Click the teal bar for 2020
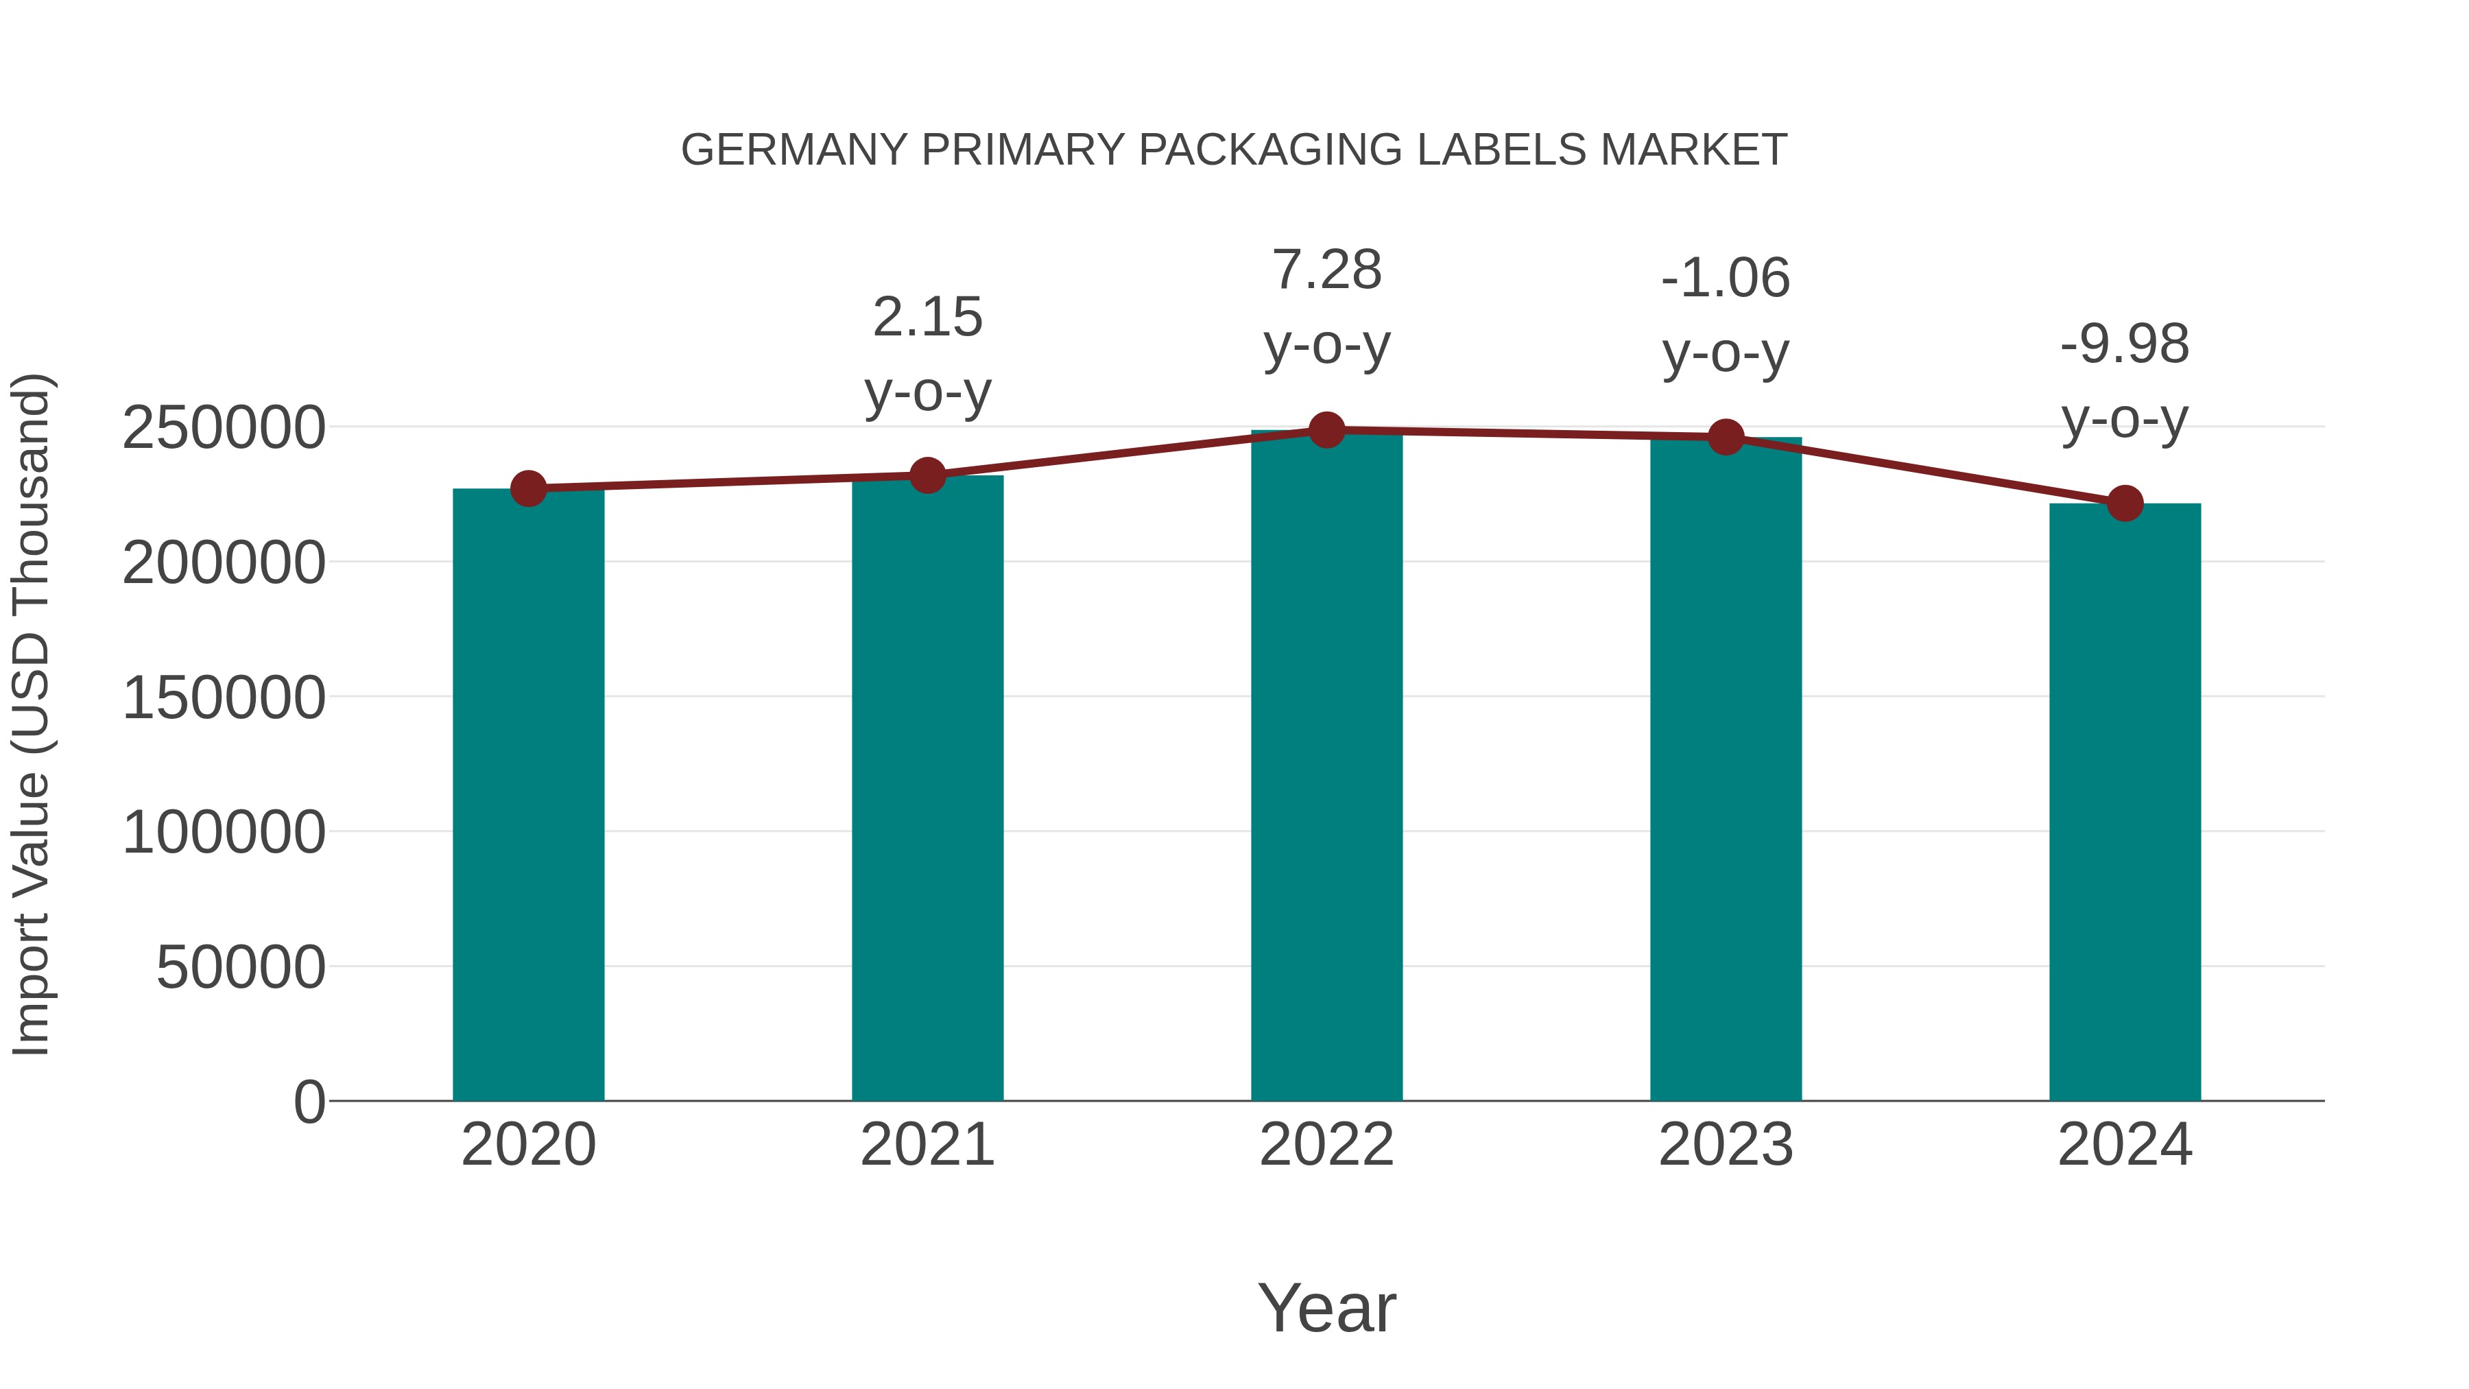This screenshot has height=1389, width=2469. pos(528,796)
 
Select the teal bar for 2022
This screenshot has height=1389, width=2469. pos(1326,767)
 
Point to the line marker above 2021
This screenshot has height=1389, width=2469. pos(927,475)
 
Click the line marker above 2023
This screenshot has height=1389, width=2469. pos(1726,437)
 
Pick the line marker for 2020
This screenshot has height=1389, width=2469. pos(528,489)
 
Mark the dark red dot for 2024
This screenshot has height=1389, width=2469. pos(2125,503)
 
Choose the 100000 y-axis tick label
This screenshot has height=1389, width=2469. pos(224,832)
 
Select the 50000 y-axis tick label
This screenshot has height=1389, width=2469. pos(241,967)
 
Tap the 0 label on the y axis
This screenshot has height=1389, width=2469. pos(309,1102)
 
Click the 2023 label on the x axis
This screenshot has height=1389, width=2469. pos(1726,1145)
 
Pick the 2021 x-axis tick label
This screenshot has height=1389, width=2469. pos(927,1145)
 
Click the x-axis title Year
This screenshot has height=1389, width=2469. pos(1326,1307)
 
